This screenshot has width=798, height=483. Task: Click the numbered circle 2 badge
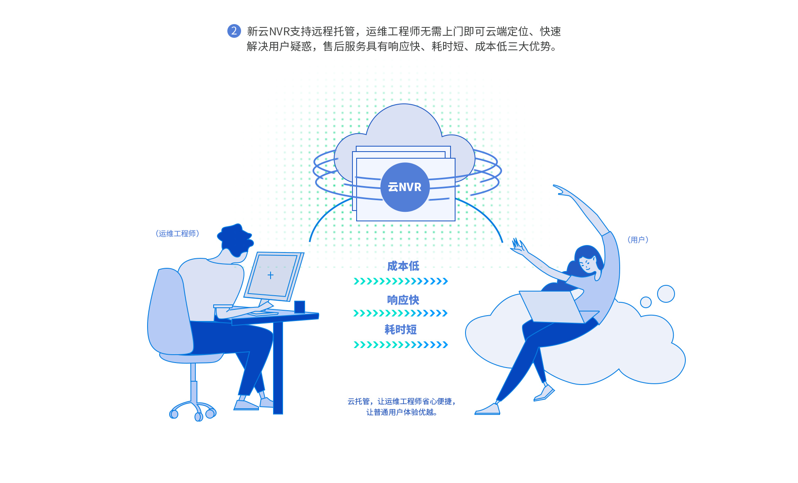point(234,31)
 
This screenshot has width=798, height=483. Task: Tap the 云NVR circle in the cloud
point(405,187)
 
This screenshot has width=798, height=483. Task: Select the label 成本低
point(403,266)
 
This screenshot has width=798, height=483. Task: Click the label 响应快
point(403,300)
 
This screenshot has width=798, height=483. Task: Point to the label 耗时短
point(401,330)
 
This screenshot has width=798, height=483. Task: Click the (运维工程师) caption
point(177,233)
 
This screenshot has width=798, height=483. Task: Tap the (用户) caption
point(638,240)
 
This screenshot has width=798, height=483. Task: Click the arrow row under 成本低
point(401,281)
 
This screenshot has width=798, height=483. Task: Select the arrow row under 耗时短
point(401,345)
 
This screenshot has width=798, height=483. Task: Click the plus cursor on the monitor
point(271,275)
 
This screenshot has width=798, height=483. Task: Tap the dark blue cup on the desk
point(300,307)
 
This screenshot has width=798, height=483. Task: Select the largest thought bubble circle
point(666,294)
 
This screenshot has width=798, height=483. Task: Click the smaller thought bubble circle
point(646,302)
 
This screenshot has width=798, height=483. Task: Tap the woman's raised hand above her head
point(561,190)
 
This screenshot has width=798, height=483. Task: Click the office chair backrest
point(168,311)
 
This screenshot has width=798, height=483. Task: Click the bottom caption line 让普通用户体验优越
point(401,412)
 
